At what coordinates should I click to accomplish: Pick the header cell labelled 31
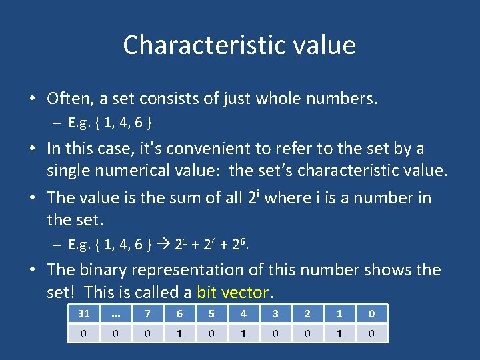[x=84, y=313]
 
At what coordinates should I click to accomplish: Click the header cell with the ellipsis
[x=116, y=313]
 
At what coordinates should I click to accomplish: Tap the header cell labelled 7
[x=148, y=313]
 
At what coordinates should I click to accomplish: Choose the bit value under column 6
[x=180, y=332]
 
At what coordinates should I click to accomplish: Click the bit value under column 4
[x=244, y=332]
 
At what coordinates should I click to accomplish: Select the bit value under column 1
[x=340, y=332]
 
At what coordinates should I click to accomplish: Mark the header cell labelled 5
[x=212, y=313]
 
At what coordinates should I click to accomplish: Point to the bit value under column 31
[x=84, y=332]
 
